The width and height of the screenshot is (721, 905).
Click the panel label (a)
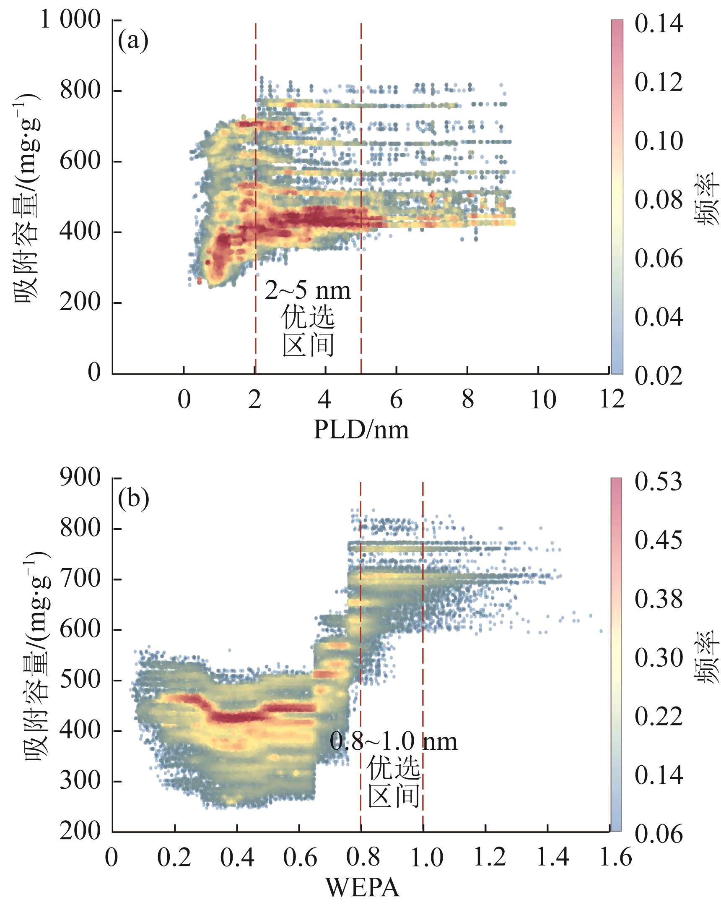pyautogui.click(x=133, y=41)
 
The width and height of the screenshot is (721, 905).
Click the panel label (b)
pyautogui.click(x=133, y=499)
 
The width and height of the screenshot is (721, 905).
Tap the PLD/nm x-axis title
pyautogui.click(x=361, y=429)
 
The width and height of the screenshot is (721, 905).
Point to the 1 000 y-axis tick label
pyautogui.click(x=70, y=20)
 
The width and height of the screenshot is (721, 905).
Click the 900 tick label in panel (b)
pyautogui.click(x=80, y=478)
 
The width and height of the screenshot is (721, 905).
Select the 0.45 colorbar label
pyautogui.click(x=659, y=540)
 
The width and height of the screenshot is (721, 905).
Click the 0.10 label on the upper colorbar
pyautogui.click(x=659, y=141)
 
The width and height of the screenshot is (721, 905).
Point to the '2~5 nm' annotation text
pyautogui.click(x=307, y=290)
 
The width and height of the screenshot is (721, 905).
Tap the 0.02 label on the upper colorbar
pyautogui.click(x=659, y=376)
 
